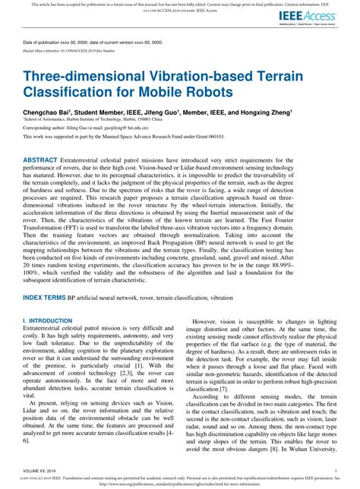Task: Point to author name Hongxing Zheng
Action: coord(267,111)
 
